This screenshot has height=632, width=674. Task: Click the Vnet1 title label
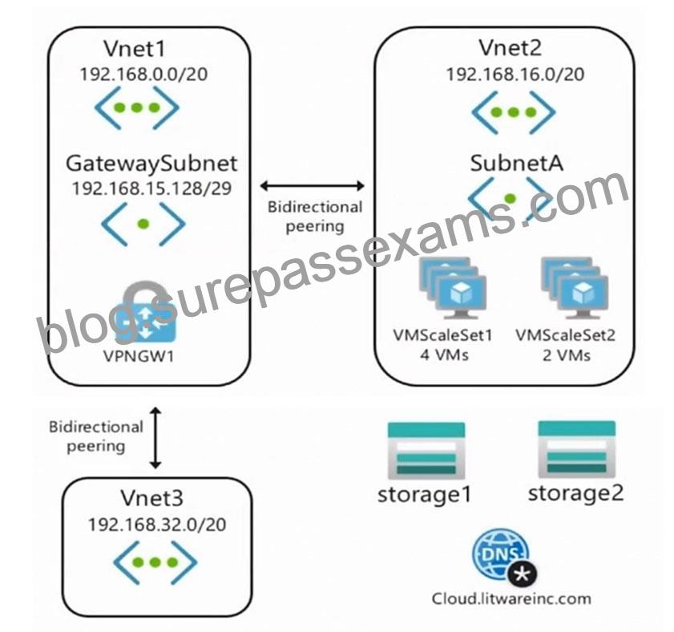point(135,49)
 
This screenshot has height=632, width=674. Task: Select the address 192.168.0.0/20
point(143,74)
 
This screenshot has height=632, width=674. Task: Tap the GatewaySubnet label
point(151,164)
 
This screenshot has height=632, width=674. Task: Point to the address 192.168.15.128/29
point(151,188)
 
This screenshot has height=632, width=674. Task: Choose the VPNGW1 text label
point(139,356)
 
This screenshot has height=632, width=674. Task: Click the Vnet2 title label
point(511,48)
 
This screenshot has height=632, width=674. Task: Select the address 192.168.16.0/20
point(515,75)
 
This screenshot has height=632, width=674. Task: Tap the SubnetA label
point(516,163)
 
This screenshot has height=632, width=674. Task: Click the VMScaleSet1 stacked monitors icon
point(453,288)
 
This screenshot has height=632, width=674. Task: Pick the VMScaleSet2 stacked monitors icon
point(575,288)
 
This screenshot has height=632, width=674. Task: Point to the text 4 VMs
point(444,355)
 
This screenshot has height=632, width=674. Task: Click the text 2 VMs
point(566,355)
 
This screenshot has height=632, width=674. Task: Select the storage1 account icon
point(426,451)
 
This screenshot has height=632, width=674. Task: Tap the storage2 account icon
point(576,449)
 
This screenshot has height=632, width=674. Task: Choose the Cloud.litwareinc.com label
point(511,598)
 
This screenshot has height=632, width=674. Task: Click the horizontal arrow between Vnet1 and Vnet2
point(313,186)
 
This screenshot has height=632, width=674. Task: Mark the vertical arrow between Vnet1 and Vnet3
point(155,438)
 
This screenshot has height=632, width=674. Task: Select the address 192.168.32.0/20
point(157,525)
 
